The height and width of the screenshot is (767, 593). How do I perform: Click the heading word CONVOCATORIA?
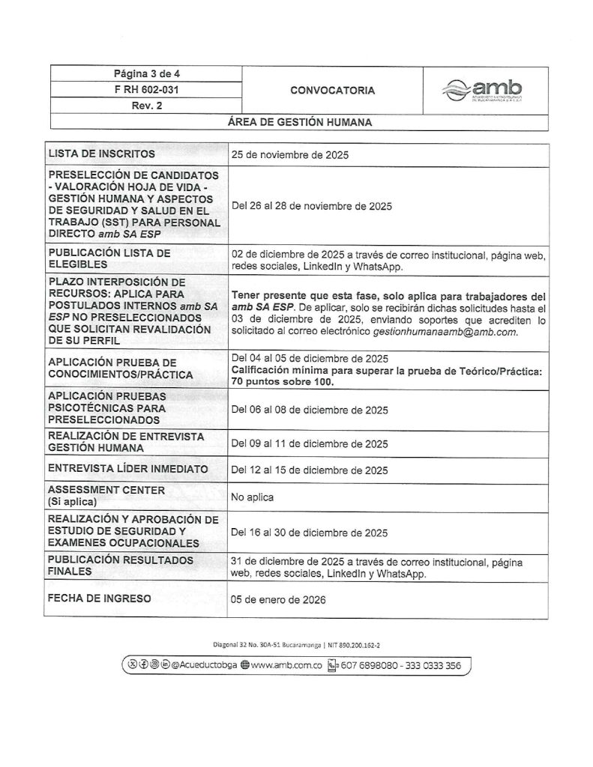(x=331, y=91)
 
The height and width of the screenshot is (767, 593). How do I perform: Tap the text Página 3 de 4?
(x=146, y=73)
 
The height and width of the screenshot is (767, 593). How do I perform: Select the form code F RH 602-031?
(x=146, y=90)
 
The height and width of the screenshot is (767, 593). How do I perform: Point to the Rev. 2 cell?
(x=146, y=106)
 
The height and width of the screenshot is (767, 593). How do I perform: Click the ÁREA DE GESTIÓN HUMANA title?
(x=299, y=121)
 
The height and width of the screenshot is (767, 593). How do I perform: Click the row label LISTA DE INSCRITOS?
(x=101, y=154)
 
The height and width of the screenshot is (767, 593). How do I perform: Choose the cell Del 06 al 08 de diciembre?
(x=310, y=410)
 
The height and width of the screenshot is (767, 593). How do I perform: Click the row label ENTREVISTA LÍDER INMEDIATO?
(x=127, y=470)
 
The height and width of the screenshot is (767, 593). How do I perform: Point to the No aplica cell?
(x=253, y=497)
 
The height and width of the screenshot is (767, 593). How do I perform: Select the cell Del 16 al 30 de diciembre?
(x=310, y=533)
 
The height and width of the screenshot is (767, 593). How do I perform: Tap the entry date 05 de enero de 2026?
(x=279, y=600)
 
